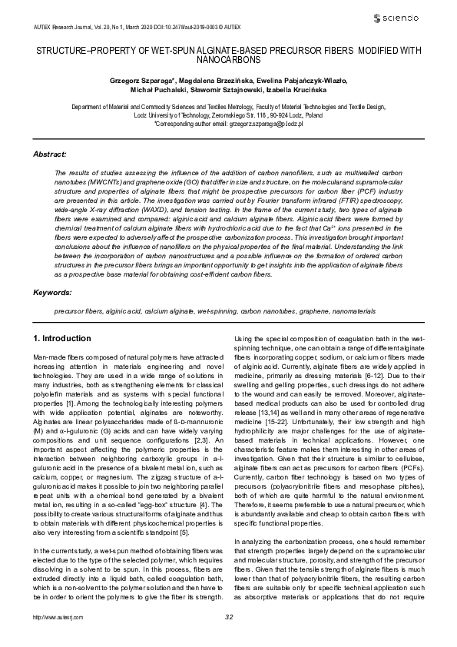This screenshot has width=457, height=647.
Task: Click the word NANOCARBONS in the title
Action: tap(228, 58)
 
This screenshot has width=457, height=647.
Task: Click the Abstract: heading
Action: tap(50, 154)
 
